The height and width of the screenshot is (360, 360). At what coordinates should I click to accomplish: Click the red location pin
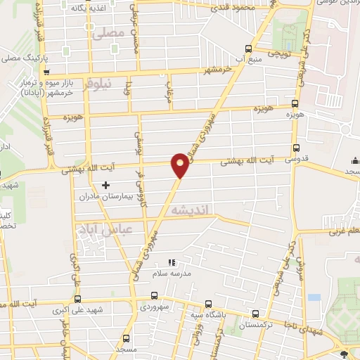pyautogui.click(x=180, y=165)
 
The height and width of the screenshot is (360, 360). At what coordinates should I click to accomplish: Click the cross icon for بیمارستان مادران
pyautogui.click(x=105, y=186)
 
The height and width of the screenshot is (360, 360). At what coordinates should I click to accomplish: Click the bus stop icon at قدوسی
pyautogui.click(x=295, y=148)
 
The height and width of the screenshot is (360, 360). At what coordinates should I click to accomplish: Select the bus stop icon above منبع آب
pyautogui.click(x=247, y=49)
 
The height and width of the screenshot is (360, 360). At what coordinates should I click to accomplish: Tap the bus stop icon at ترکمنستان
pyautogui.click(x=255, y=314)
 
